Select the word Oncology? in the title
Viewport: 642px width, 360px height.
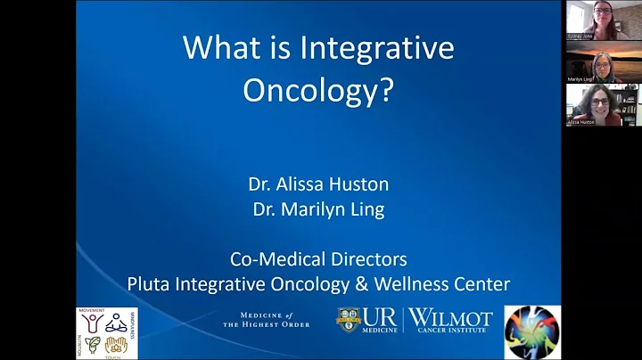coord(318,91)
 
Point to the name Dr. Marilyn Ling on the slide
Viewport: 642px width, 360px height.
coord(318,212)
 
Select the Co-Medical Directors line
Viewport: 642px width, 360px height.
coord(318,259)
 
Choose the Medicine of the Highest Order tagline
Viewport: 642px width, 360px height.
coord(267,319)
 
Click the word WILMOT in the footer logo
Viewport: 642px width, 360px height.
coord(450,316)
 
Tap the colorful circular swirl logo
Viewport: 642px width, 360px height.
coord(532,331)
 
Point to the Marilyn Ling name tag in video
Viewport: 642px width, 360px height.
coord(580,79)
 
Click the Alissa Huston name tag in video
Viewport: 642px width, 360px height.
coord(582,121)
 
